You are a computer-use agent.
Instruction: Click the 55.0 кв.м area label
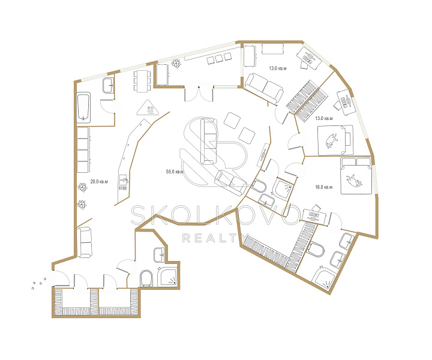(x=175, y=172)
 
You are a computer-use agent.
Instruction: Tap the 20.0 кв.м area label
(x=99, y=182)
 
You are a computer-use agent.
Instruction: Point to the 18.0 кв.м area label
(x=324, y=187)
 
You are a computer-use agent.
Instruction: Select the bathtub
(x=83, y=107)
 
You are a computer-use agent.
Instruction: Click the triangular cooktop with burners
(x=148, y=107)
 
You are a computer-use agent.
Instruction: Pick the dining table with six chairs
(x=142, y=81)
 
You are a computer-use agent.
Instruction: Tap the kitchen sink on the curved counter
(x=123, y=180)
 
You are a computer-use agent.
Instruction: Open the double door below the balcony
(x=199, y=94)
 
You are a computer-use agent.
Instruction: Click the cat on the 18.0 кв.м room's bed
(x=355, y=180)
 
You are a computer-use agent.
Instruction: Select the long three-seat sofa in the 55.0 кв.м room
(x=209, y=141)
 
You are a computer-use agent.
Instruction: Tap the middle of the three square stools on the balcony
(x=219, y=58)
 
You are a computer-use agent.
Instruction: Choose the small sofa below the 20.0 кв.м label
(x=84, y=242)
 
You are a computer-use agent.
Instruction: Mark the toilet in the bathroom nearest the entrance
(x=146, y=278)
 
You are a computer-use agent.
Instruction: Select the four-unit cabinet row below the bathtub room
(x=83, y=150)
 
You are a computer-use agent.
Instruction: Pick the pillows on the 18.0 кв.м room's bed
(x=356, y=162)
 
